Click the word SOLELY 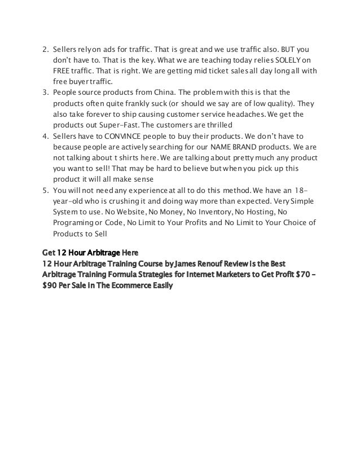288,59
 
